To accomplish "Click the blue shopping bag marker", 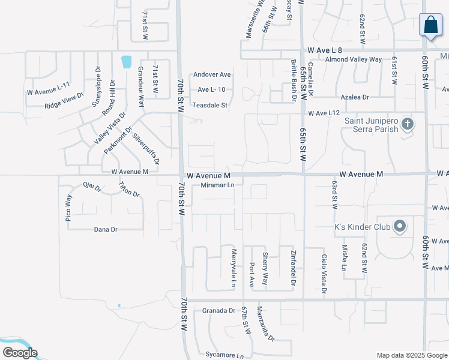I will click(x=430, y=25).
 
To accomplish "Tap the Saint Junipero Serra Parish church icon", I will click(x=408, y=124).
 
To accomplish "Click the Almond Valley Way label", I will click(x=353, y=60).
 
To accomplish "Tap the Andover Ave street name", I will click(x=212, y=75).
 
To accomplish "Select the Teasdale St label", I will click(x=210, y=105).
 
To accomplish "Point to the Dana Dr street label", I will click(x=106, y=229).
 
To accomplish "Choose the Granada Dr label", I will click(x=218, y=310).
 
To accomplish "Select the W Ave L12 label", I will click(x=324, y=113).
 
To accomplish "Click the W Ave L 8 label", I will click(x=324, y=51).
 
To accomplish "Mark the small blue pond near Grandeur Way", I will click(x=126, y=61).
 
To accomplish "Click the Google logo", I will click(x=20, y=353).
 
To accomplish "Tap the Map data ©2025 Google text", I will click(x=411, y=355).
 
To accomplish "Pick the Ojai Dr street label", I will click(x=92, y=187).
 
